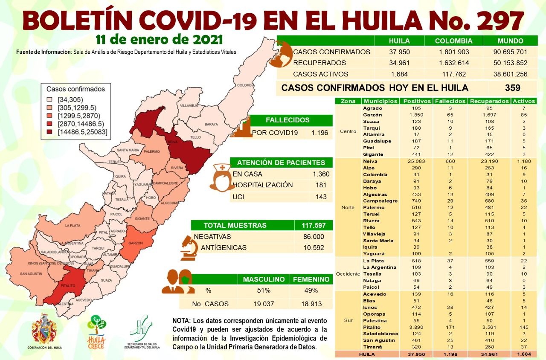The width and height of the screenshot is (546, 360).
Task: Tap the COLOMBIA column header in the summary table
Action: [x=453, y=41]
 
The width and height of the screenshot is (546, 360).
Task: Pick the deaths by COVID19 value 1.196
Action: [x=319, y=133]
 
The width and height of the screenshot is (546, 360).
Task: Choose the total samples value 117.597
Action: [x=313, y=225]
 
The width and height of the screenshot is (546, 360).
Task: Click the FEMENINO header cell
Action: [x=311, y=279]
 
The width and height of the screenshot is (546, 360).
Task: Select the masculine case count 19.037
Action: [x=264, y=304]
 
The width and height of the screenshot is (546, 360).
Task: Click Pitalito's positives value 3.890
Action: [x=413, y=327]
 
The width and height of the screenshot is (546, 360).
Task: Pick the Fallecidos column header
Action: [x=450, y=102]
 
